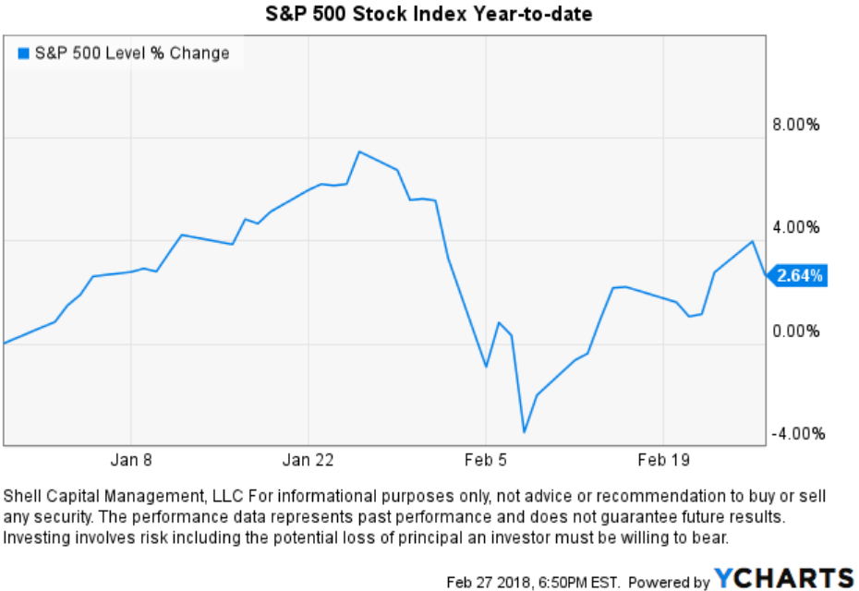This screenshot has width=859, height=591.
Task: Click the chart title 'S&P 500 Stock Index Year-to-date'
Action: point(429,14)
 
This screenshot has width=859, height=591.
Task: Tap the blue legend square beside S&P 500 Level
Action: point(23,54)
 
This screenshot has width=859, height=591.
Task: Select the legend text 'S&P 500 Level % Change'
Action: point(131,54)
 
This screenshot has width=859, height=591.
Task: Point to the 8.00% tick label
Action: point(795,125)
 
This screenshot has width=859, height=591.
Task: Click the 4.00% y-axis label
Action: point(795,227)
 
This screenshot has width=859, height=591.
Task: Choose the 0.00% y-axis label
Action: point(795,331)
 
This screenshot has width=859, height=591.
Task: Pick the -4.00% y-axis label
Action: point(793,434)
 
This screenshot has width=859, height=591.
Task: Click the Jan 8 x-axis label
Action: point(131,460)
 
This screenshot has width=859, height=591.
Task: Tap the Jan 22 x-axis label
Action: point(309,460)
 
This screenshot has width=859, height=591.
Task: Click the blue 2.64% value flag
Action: point(798,275)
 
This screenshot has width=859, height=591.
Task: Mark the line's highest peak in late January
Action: point(359,151)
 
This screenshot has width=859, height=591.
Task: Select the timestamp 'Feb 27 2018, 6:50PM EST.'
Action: point(534,582)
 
